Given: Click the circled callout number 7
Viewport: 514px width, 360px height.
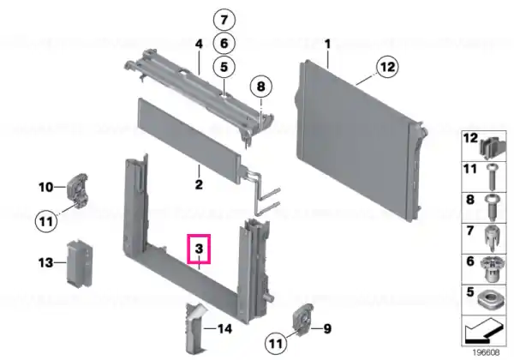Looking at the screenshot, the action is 224,20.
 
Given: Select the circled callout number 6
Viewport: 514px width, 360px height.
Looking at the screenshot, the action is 224,43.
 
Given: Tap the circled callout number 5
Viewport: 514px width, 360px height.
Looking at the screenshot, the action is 224,67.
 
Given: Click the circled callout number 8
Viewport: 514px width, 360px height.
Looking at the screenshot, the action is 261,87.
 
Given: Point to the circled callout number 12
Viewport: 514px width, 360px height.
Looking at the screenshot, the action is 387,67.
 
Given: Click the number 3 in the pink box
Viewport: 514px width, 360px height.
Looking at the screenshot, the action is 199,249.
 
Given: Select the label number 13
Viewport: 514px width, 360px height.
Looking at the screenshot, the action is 45,262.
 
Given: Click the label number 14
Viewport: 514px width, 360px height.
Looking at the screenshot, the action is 224,328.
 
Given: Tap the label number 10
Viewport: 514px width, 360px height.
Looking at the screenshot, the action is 45,187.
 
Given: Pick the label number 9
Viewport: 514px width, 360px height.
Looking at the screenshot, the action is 327,328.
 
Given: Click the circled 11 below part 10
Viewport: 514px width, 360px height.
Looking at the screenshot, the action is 46,221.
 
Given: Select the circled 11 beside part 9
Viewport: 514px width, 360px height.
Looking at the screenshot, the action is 276,344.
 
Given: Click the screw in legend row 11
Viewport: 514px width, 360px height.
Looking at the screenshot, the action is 492,177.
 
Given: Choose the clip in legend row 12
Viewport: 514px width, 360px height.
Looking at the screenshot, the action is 493,147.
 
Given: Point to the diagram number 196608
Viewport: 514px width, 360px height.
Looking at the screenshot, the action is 486,353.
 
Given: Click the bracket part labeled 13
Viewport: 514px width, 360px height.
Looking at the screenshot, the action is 79,263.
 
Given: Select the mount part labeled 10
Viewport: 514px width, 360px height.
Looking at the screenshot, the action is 77,190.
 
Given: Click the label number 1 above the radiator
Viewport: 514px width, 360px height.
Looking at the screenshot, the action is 327,44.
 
